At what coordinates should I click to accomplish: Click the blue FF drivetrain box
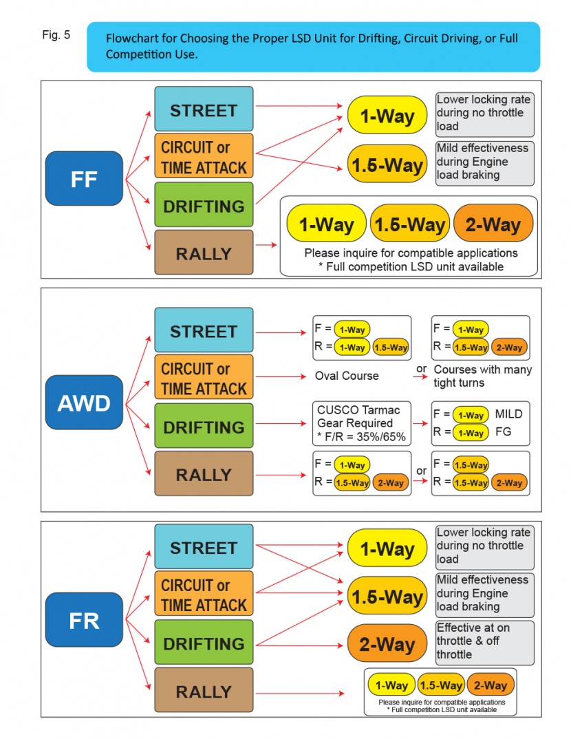(x=84, y=180)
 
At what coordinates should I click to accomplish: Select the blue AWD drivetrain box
(x=84, y=403)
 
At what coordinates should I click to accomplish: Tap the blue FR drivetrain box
(x=84, y=620)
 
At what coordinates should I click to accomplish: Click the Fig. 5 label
(x=56, y=34)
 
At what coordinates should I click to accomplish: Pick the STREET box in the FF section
(x=204, y=109)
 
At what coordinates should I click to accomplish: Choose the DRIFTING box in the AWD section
(x=204, y=427)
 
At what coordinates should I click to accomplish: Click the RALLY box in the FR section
(x=204, y=692)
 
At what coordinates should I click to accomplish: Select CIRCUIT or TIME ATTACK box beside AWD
(x=204, y=378)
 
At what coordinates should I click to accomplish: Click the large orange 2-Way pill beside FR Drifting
(x=387, y=644)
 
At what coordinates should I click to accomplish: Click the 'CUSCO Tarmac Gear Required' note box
(x=360, y=423)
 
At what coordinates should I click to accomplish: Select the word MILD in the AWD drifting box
(x=508, y=414)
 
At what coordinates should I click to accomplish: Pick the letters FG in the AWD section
(x=503, y=433)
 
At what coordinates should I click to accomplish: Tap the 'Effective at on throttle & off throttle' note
(x=484, y=641)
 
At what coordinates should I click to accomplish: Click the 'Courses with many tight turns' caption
(x=482, y=376)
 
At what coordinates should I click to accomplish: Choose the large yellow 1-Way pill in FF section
(x=387, y=115)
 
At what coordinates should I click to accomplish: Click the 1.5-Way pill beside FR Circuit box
(x=387, y=596)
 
